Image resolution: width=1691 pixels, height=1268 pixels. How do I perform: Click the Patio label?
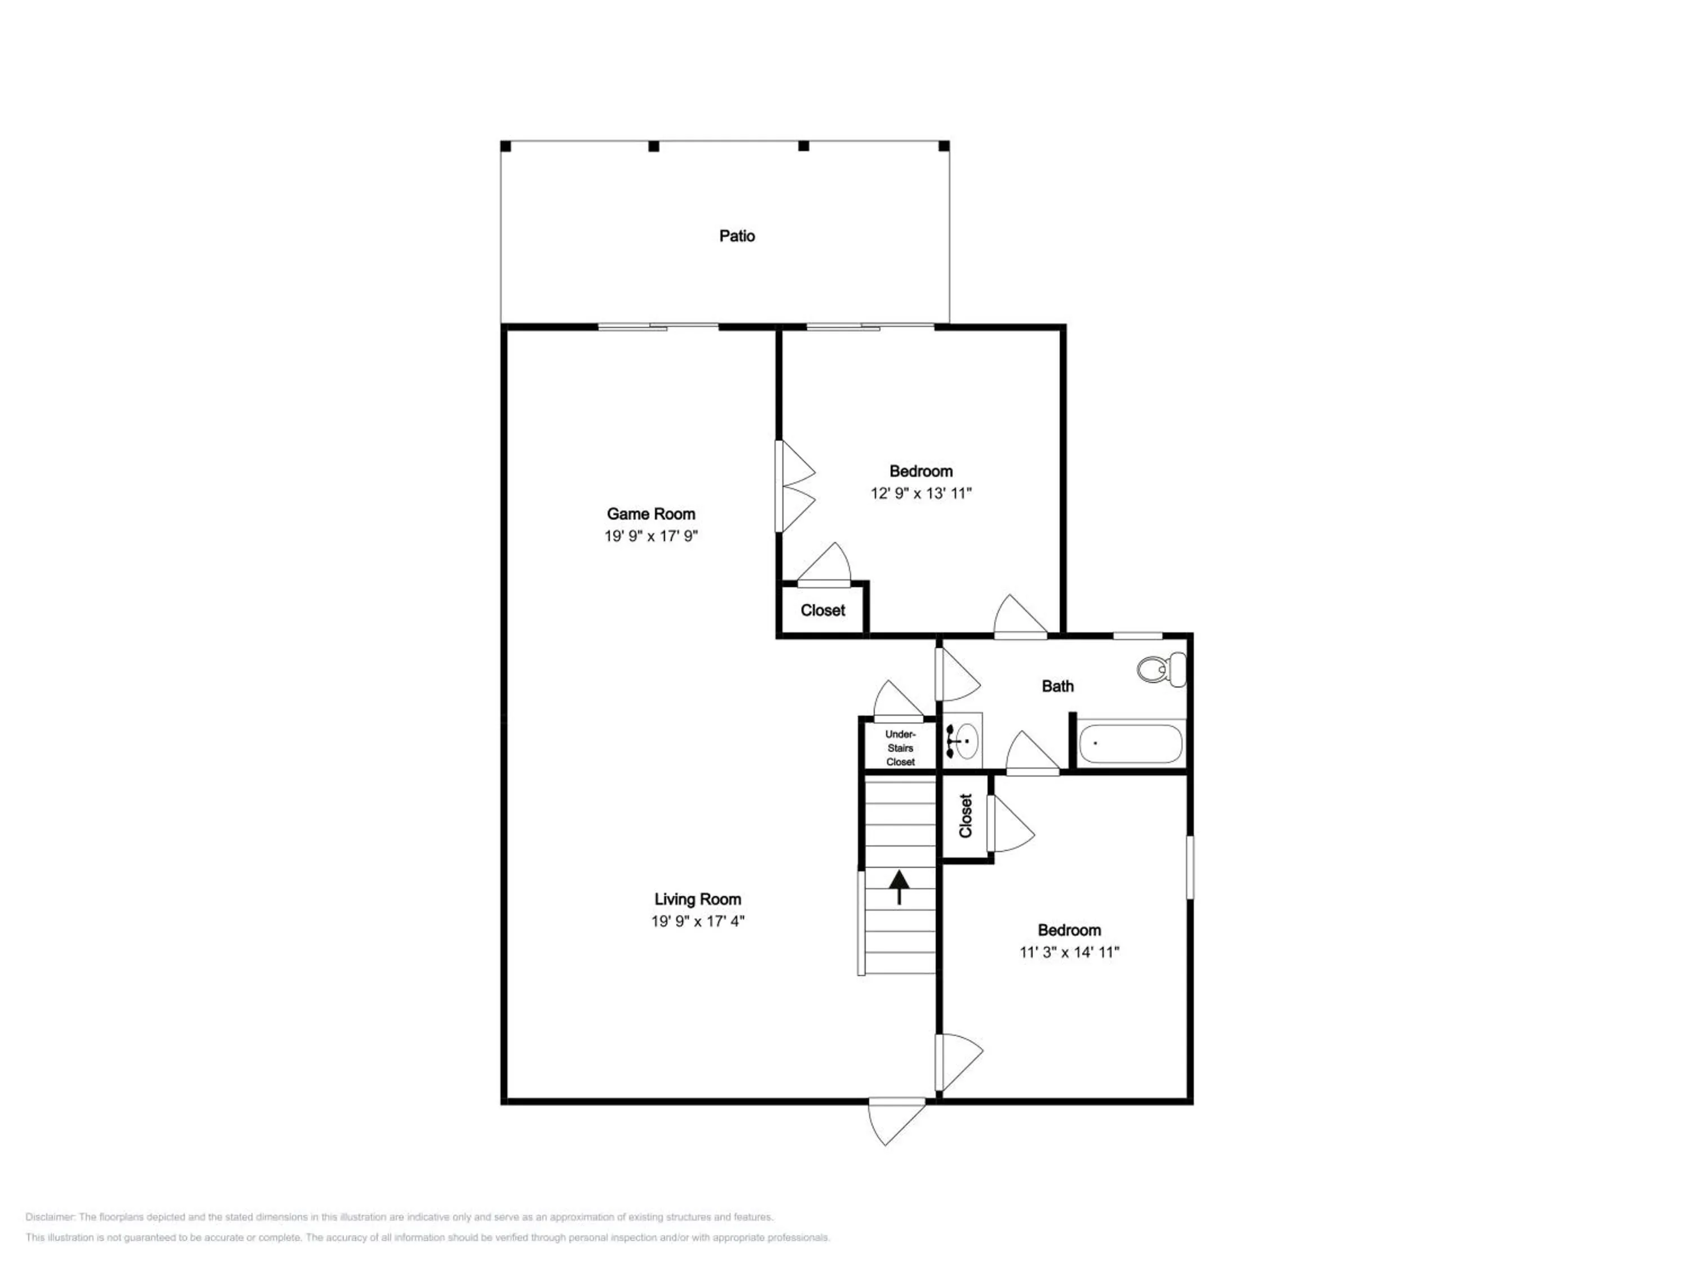[x=737, y=236]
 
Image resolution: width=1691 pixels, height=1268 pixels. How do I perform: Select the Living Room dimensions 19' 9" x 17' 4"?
[x=697, y=921]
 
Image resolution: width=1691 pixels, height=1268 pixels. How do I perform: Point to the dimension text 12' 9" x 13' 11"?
[x=920, y=493]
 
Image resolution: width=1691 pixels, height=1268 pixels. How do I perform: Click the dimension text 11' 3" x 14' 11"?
[x=1069, y=952]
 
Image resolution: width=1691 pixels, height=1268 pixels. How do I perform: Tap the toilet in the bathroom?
[x=1161, y=670]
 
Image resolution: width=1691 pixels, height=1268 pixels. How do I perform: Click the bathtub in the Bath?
[x=1130, y=743]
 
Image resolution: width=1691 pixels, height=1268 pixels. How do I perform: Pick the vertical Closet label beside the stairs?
[x=966, y=815]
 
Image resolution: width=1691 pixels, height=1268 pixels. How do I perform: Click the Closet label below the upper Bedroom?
[x=822, y=610]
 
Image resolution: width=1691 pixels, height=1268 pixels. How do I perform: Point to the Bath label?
[x=1057, y=686]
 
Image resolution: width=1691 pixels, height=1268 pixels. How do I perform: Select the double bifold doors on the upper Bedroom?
[x=795, y=486]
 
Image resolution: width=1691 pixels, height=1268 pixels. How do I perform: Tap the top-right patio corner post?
[x=944, y=146]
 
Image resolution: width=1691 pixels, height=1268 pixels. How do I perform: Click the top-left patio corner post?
[x=505, y=146]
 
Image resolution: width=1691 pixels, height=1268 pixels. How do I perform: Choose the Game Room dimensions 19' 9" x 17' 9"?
[x=652, y=536]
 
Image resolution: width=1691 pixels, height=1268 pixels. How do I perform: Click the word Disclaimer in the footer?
[x=50, y=1217]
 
